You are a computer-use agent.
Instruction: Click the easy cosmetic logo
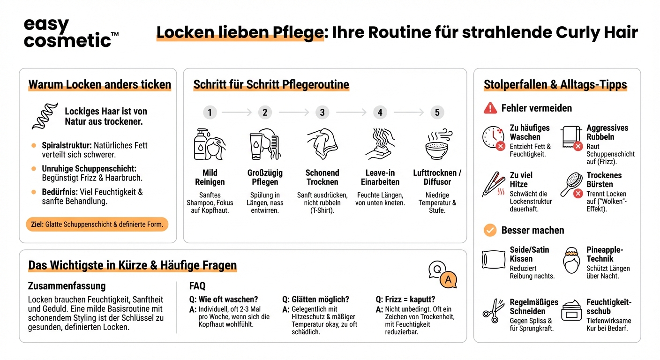coord(71,32)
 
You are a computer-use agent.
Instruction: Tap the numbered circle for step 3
coord(322,112)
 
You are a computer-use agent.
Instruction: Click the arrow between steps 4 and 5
coord(409,112)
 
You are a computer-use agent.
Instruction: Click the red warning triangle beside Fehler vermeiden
coord(490,108)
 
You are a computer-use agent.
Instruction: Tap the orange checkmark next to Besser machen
coord(490,230)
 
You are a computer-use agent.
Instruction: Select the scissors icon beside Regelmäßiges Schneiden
coord(494,311)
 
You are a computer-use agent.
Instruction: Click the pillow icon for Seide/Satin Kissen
coord(494,260)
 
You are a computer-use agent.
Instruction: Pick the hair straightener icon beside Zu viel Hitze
coord(494,184)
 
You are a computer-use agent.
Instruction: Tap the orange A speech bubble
coord(448,279)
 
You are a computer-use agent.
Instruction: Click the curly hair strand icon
coord(45,116)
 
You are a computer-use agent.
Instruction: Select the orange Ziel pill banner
coord(97,225)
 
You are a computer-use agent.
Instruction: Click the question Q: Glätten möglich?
coord(315,300)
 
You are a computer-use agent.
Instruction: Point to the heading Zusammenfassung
coord(67,286)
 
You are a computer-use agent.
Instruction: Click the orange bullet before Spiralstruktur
coord(34,145)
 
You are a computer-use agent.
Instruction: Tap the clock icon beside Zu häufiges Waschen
coord(493,137)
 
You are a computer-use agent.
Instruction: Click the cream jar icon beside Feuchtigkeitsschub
coord(571,310)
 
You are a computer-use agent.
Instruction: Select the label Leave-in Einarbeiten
coord(380,177)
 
